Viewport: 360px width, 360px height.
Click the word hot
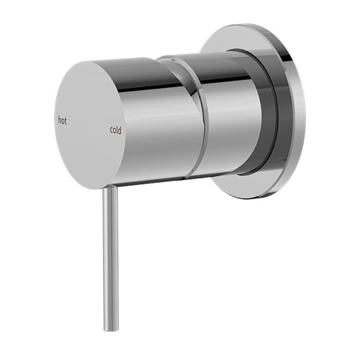tap(62, 120)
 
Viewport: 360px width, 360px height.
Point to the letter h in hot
tap(59, 120)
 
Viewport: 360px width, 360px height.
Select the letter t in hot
tap(66, 120)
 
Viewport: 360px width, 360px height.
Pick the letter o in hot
tap(62, 121)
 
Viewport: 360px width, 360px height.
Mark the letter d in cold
tap(121, 130)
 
